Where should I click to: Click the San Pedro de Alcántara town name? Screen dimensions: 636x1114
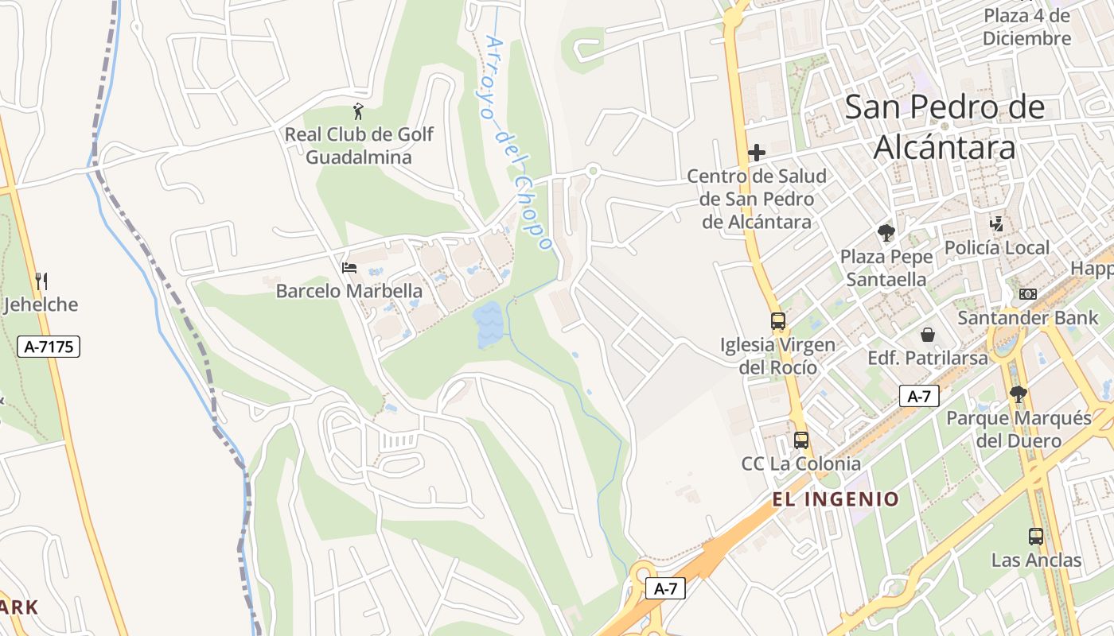coord(945,127)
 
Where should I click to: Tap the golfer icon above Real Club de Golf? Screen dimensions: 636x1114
coord(359,111)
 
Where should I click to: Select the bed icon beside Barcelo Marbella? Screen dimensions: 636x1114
coord(349,268)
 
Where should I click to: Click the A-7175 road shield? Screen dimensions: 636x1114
coord(49,346)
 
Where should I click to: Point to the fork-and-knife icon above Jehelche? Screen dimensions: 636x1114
coord(41,281)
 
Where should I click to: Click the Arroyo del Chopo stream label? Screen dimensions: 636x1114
coord(518,143)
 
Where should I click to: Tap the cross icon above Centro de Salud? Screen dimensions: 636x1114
coord(757,152)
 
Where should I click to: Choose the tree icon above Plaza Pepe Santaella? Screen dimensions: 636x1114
coord(886,233)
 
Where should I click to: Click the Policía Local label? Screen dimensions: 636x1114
coord(997,247)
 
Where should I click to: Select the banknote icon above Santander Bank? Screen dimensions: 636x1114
coord(1028,294)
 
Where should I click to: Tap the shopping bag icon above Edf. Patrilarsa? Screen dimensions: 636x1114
coord(928,335)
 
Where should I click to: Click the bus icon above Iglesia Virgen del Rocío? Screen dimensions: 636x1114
coord(778,321)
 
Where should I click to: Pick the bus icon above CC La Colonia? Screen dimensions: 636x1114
coord(801,440)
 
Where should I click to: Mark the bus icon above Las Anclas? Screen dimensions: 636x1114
coord(1036,537)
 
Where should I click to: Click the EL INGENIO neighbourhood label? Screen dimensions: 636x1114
coord(835,499)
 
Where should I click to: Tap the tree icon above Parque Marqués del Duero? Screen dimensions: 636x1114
coord(1018,394)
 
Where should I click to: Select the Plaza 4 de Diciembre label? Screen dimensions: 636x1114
coord(1026,27)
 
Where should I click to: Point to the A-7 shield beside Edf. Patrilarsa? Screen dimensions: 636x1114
coord(919,396)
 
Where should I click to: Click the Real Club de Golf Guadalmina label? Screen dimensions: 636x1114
coord(359,145)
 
